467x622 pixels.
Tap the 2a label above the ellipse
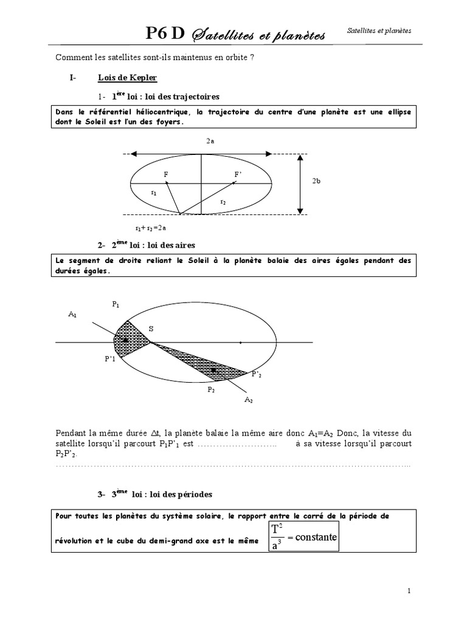coord(210,141)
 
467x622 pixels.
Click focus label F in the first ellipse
coord(165,174)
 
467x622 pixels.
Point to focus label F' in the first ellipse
coord(238,174)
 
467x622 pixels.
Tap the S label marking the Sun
coord(151,328)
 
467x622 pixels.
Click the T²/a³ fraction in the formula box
coord(277,538)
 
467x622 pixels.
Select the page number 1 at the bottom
coord(409,590)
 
